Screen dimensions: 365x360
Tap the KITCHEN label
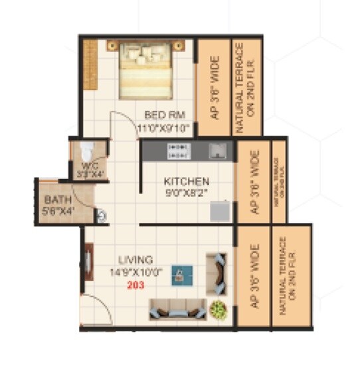coord(187,181)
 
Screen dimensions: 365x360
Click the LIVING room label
coord(135,259)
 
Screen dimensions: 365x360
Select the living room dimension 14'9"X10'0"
coord(135,272)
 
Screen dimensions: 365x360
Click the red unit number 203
coord(135,284)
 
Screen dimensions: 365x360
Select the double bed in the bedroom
coord(145,70)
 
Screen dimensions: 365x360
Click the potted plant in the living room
coord(217,309)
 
